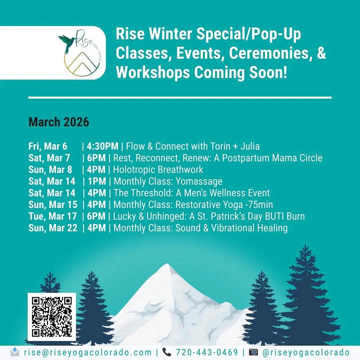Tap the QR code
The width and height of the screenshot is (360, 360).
(x=52, y=316)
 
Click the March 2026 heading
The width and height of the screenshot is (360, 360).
(x=59, y=122)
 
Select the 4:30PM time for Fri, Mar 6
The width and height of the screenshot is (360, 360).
(x=102, y=146)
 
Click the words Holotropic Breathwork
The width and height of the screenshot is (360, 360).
(x=158, y=170)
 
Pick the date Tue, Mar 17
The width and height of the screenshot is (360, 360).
(x=52, y=216)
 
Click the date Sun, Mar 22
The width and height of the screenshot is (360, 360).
(x=53, y=228)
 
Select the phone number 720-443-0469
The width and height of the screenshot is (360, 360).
(x=207, y=352)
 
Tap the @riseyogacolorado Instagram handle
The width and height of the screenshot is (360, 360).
(x=306, y=352)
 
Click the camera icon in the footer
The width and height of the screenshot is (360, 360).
(x=253, y=352)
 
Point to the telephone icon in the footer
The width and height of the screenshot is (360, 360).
(x=167, y=352)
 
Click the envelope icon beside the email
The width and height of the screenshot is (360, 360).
(x=15, y=352)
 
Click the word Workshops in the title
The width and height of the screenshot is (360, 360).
(x=153, y=72)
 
